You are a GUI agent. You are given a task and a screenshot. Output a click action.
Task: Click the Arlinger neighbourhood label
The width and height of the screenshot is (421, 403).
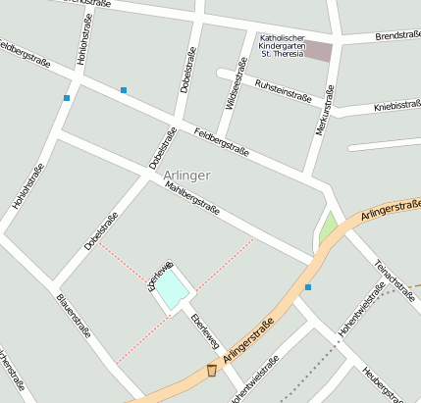[187, 176]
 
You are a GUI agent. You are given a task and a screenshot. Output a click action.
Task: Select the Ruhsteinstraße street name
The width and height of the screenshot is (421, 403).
[283, 91]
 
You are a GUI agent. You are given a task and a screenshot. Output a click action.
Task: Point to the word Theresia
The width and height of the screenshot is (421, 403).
[287, 55]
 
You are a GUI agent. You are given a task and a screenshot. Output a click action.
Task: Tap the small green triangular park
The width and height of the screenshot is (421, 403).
[328, 229]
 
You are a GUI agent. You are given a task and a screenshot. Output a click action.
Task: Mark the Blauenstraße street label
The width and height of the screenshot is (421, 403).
[74, 315]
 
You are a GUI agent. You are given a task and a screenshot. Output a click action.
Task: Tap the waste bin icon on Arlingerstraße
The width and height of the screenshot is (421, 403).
[212, 371]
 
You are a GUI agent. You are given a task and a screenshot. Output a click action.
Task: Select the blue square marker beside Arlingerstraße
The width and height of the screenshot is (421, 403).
[308, 287]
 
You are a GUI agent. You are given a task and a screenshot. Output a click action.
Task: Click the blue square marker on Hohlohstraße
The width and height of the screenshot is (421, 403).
[67, 98]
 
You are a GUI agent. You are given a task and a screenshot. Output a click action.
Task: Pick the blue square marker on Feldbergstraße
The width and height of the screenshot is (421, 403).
[124, 90]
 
